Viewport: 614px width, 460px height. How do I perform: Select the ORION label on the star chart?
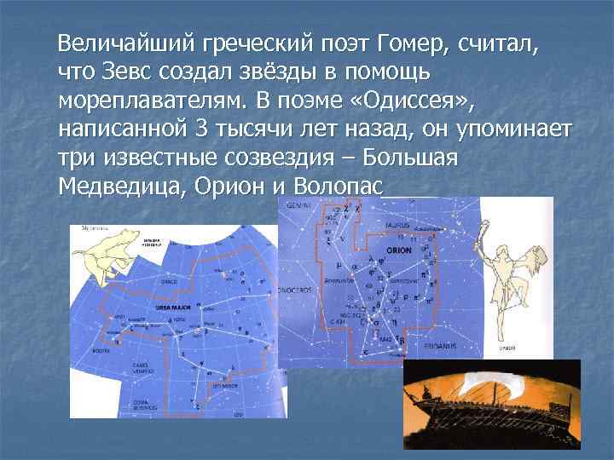(398, 251)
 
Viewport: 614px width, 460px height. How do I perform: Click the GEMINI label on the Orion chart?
(298, 206)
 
